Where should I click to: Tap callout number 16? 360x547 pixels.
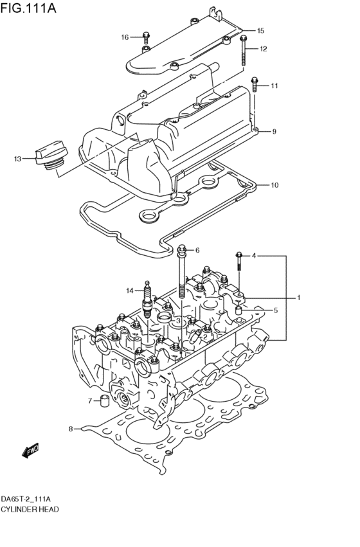tap(125, 37)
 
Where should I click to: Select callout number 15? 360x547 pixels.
tap(260, 30)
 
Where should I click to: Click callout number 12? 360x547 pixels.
tap(263, 49)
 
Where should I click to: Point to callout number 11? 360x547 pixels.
tap(274, 85)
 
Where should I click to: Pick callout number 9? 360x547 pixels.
tap(274, 132)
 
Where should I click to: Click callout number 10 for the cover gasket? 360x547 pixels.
tap(274, 185)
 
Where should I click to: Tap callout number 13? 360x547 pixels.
tap(17, 158)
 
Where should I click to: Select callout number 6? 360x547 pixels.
tap(197, 250)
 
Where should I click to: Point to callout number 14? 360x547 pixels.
tap(129, 291)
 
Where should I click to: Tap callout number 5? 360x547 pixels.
tap(275, 310)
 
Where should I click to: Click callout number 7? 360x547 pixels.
tap(90, 401)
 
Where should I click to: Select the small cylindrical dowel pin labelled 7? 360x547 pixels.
tap(102, 403)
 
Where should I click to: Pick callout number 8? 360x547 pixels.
tap(71, 428)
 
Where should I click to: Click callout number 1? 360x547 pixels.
tap(298, 297)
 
